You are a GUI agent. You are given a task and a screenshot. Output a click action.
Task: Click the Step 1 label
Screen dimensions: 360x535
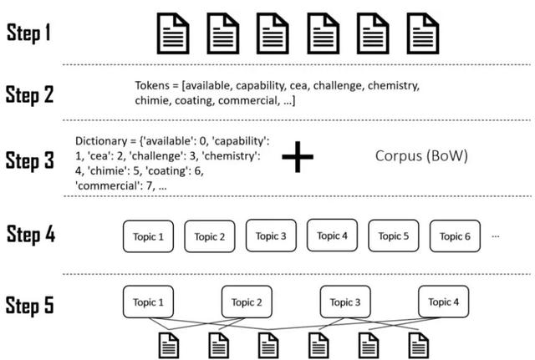(30, 33)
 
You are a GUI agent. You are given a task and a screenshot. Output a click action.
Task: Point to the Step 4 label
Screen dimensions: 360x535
(31, 234)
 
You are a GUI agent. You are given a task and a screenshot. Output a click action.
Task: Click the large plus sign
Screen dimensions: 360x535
(303, 156)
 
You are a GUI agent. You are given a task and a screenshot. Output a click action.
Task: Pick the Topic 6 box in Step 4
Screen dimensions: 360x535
(456, 236)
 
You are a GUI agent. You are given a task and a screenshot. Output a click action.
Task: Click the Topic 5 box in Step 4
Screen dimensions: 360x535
(395, 236)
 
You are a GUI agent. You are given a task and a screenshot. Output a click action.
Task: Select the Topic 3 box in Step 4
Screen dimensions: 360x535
(272, 236)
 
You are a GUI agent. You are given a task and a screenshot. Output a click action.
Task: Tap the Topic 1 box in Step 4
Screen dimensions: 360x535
(149, 236)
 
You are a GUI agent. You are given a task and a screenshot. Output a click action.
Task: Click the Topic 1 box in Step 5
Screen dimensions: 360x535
(149, 302)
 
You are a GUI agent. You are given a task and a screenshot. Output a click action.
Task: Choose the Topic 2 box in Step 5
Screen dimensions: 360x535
(247, 302)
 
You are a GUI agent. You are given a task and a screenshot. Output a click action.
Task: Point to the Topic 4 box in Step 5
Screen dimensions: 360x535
(445, 302)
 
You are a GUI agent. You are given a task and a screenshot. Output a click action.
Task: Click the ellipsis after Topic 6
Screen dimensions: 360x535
(497, 236)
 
